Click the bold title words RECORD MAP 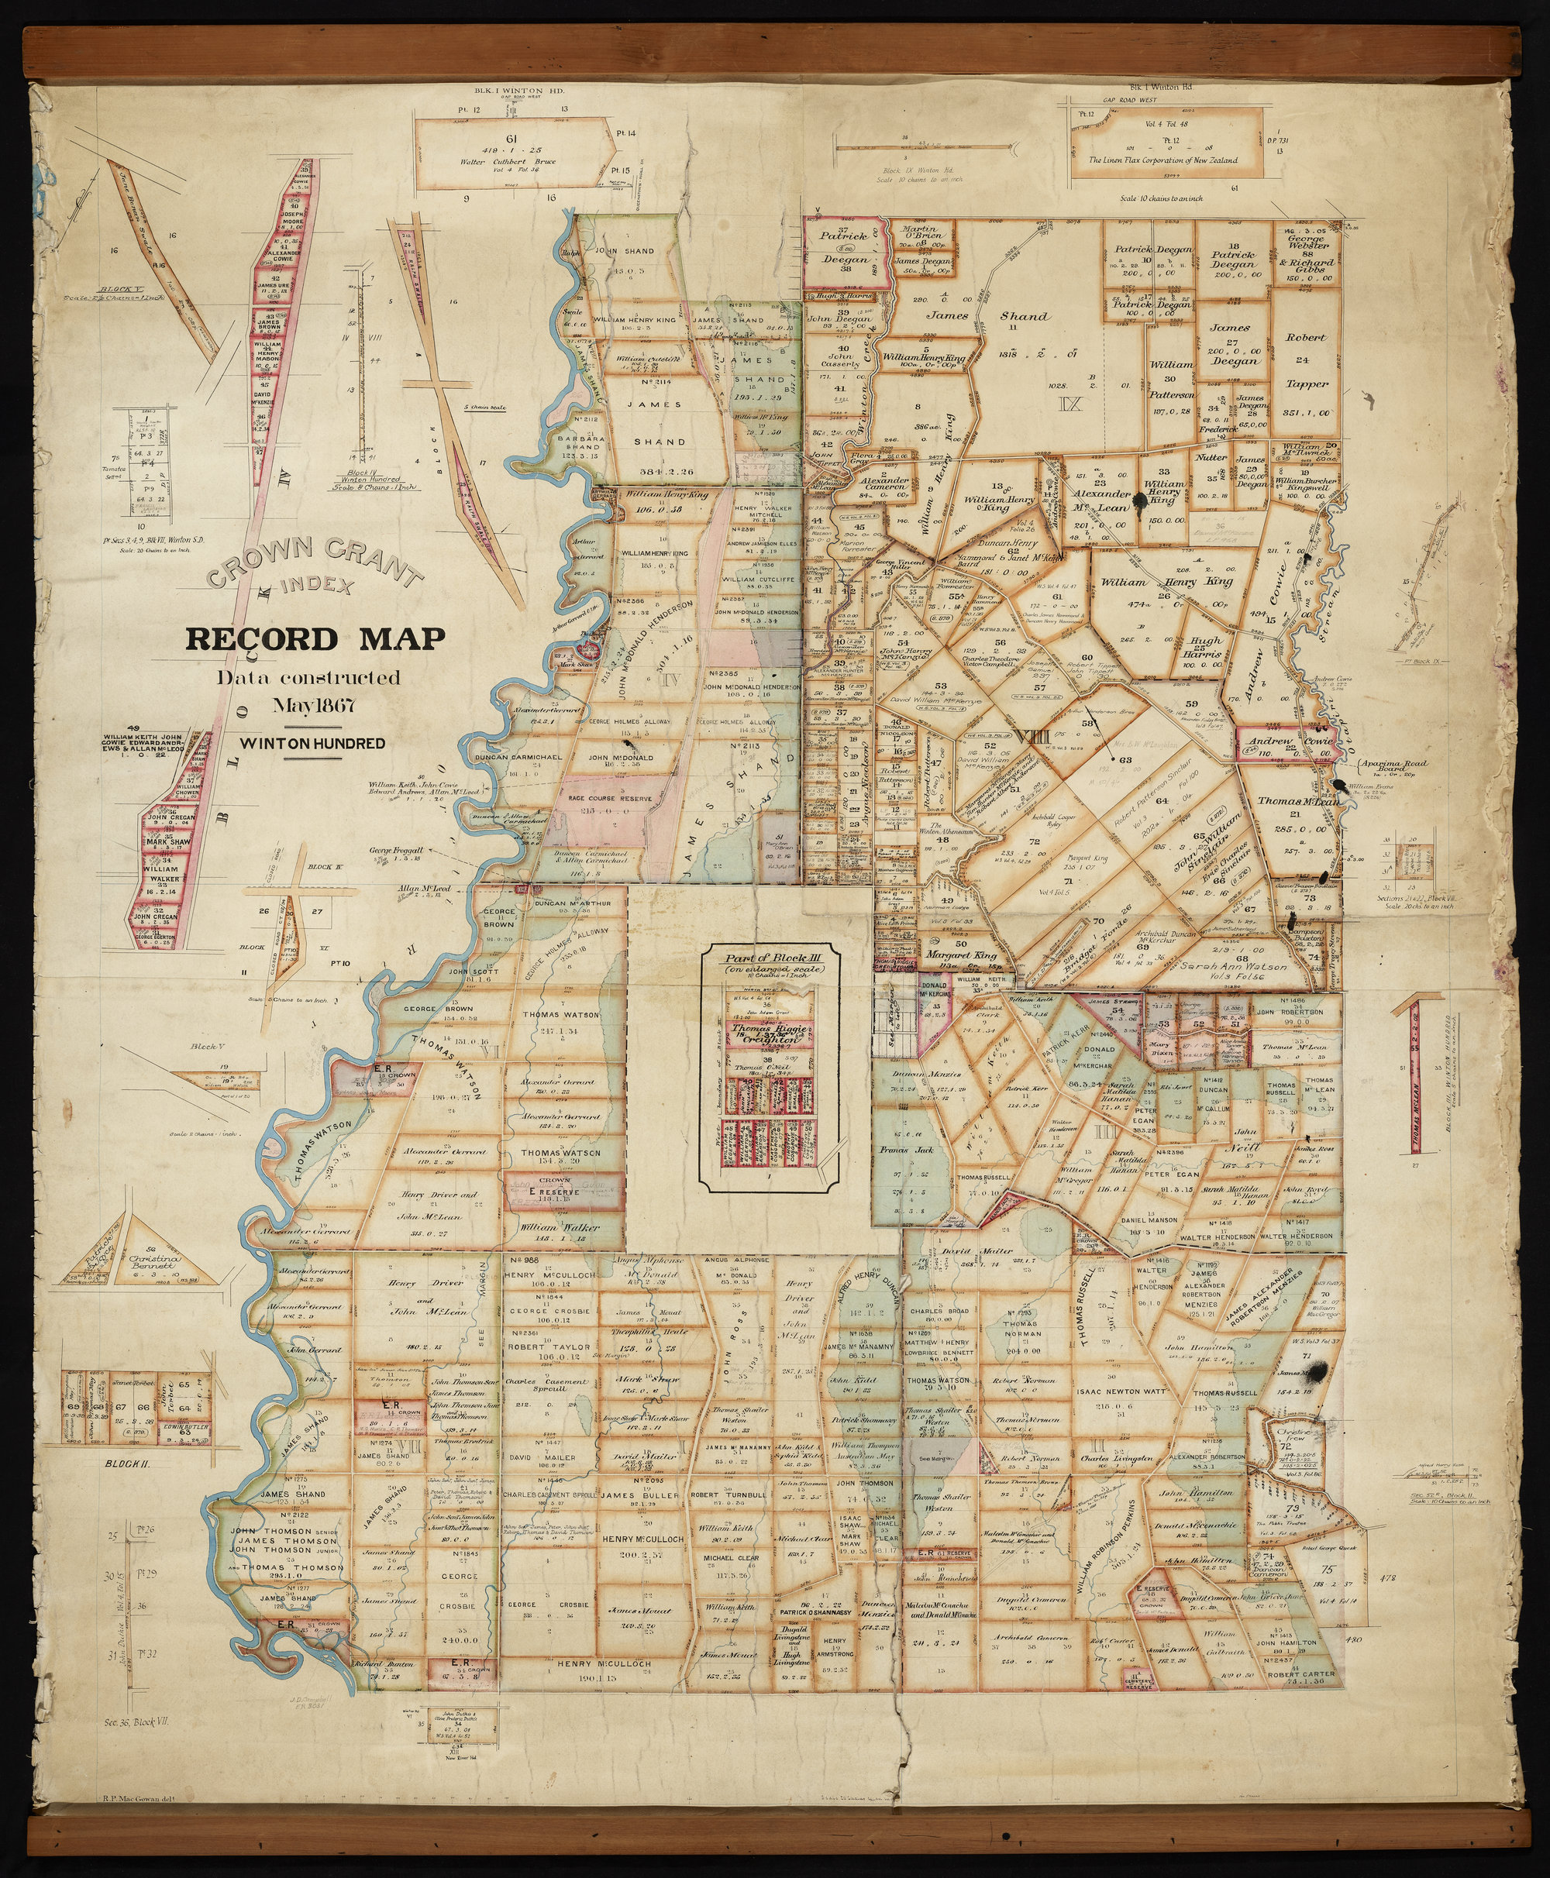click(x=315, y=640)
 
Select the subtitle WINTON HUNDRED click(x=312, y=744)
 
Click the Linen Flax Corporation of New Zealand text click(x=1162, y=160)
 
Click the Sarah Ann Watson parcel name click(x=1235, y=966)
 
